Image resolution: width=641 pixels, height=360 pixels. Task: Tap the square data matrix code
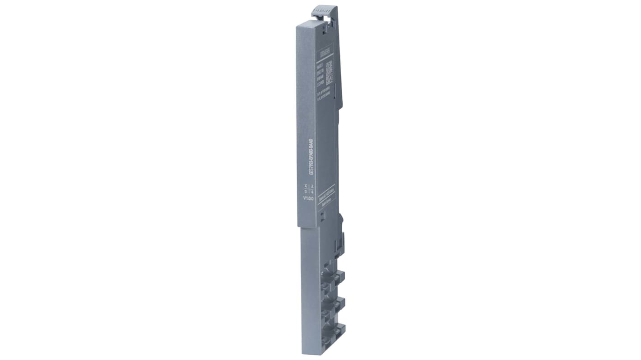(x=329, y=72)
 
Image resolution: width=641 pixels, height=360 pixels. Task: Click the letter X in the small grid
(x=306, y=186)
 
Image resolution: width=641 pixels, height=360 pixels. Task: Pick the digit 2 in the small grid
(x=312, y=186)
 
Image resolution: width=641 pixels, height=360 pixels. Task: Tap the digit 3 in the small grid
(x=306, y=192)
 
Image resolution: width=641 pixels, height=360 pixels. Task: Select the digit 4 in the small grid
(x=312, y=192)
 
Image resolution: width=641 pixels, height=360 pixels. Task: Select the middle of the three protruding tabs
(x=339, y=303)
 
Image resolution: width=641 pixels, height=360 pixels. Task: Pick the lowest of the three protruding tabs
(x=339, y=330)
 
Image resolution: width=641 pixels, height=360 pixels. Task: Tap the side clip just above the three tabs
(x=339, y=244)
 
